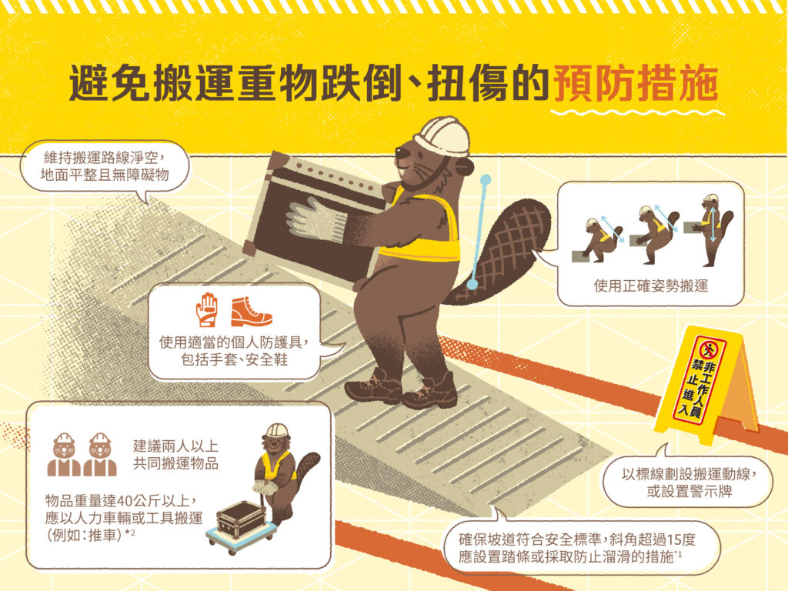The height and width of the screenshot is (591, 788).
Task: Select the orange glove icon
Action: pos(207,309)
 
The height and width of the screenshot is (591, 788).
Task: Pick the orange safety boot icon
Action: pos(251,312)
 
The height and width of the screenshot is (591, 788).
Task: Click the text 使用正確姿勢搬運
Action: pos(651,286)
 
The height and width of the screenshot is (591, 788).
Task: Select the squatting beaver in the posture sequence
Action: pos(599,240)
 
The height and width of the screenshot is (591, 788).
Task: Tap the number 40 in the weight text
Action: pos(129,500)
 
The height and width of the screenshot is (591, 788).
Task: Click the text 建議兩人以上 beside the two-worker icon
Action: pos(175,446)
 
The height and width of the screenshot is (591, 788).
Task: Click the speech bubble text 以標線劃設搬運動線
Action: pos(689,474)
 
